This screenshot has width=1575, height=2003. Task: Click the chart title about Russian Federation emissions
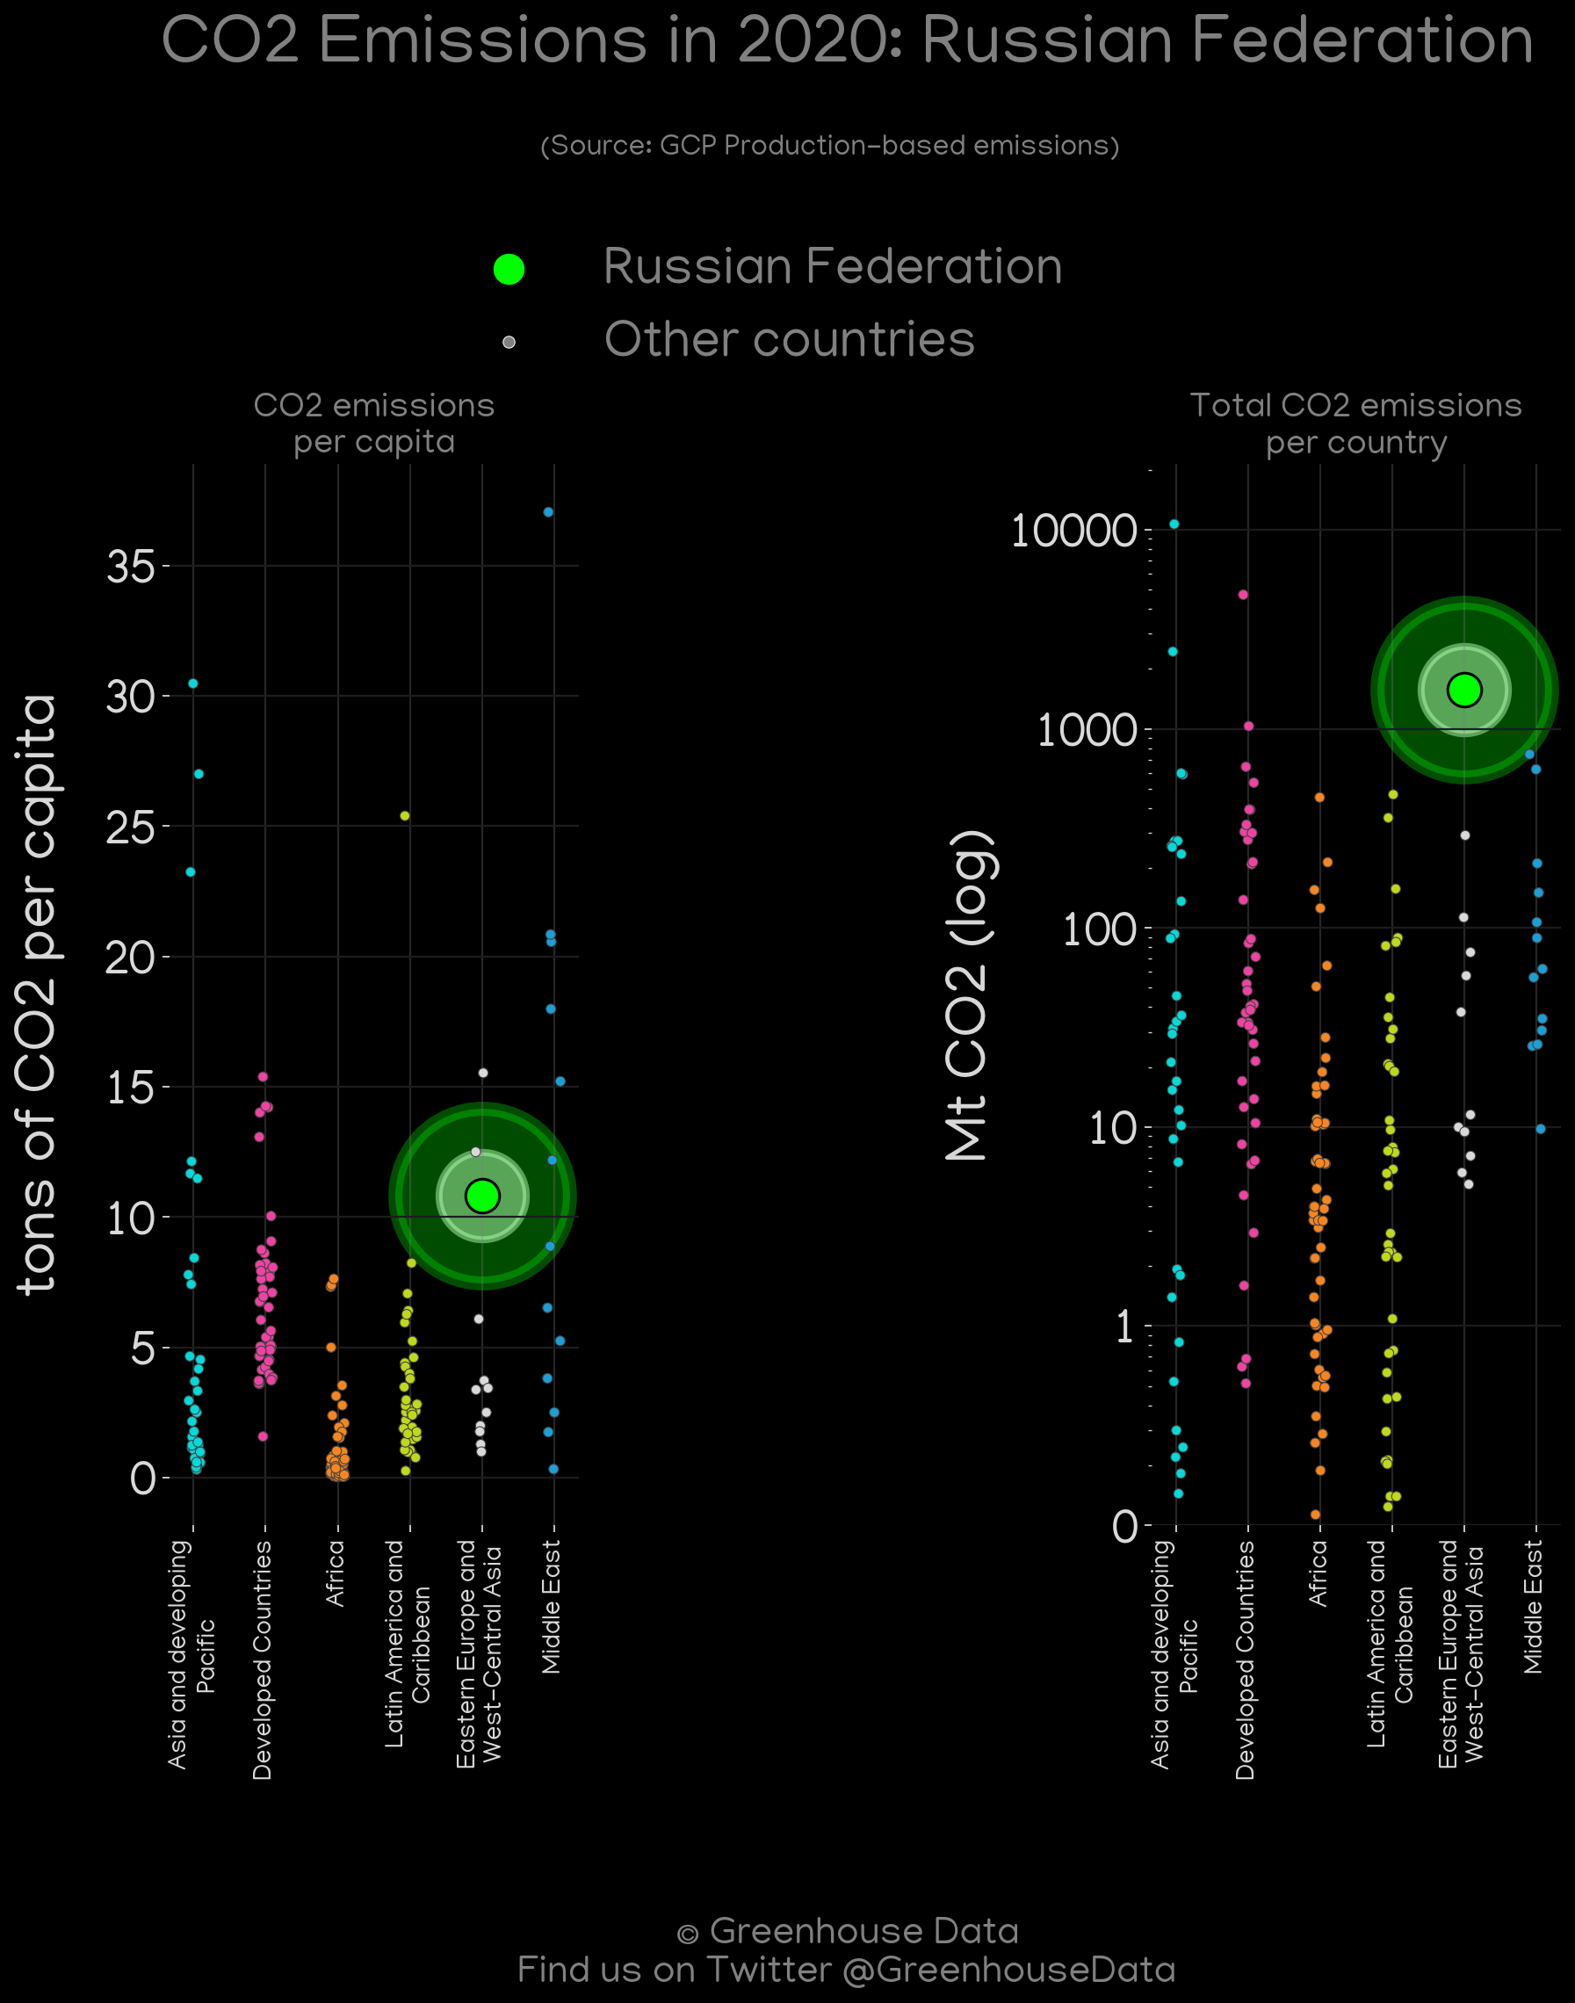847,40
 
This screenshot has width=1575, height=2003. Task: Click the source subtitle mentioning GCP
829,146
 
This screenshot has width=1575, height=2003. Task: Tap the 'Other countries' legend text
790,339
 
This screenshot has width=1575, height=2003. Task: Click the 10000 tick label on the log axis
1073,531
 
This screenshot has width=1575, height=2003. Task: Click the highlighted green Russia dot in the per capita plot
482,1196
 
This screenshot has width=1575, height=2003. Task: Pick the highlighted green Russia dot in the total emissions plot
1464,690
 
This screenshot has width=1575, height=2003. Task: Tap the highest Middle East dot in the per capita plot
549,512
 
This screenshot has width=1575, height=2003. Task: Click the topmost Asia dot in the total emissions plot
1174,524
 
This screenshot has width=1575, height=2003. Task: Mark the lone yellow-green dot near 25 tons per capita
405,816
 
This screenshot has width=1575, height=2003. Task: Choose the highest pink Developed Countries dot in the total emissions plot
1243,595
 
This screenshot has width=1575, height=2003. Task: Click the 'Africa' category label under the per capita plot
336,1573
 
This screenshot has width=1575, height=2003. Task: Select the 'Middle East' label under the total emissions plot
1533,1607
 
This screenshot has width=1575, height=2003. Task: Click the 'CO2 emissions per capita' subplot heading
374,423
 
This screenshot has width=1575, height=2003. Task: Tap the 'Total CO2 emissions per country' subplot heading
1355,423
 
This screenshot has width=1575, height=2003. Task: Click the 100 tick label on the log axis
1100,929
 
